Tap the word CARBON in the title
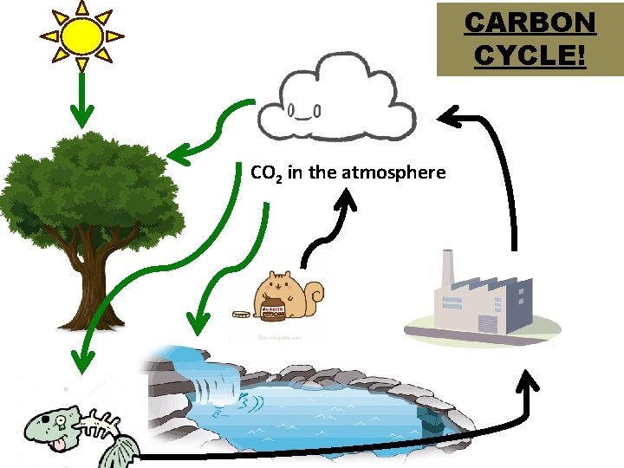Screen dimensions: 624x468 530,23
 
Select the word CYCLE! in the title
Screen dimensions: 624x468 530,55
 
